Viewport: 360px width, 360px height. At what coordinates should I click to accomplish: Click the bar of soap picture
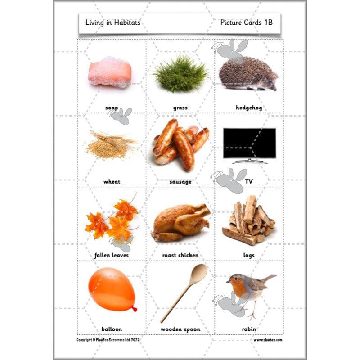pyautogui.click(x=110, y=72)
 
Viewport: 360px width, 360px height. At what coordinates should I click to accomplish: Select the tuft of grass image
pyautogui.click(x=180, y=74)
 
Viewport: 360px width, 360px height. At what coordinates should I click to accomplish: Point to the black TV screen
pyautogui.click(x=249, y=143)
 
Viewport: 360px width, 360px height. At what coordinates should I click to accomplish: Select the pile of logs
pyautogui.click(x=249, y=220)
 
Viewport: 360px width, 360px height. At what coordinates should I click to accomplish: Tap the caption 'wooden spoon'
pyautogui.click(x=180, y=329)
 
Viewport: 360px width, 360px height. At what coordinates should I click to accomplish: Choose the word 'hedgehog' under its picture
pyautogui.click(x=249, y=108)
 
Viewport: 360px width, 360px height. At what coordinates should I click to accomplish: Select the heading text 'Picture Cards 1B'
pyautogui.click(x=247, y=22)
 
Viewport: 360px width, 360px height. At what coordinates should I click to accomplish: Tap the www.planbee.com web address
pyautogui.click(x=268, y=340)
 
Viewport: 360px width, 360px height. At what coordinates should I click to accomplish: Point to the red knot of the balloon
pyautogui.click(x=134, y=309)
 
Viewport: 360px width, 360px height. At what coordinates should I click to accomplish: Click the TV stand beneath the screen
pyautogui.click(x=249, y=161)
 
